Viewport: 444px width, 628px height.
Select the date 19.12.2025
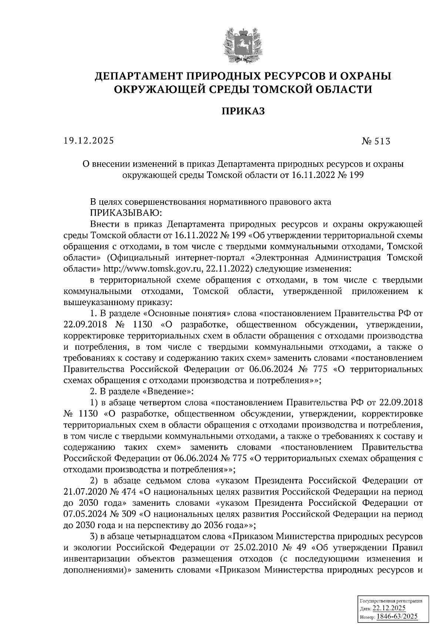88,141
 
